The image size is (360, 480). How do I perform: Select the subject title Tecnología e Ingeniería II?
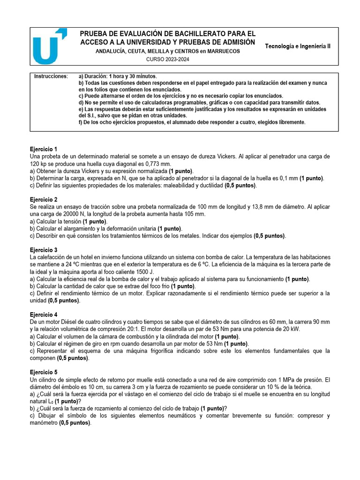298,46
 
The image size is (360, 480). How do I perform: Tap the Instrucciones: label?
51,76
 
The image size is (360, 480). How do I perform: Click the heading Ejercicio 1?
44,149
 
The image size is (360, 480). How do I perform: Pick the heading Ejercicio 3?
44,250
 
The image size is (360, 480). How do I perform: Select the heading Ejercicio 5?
44,372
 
